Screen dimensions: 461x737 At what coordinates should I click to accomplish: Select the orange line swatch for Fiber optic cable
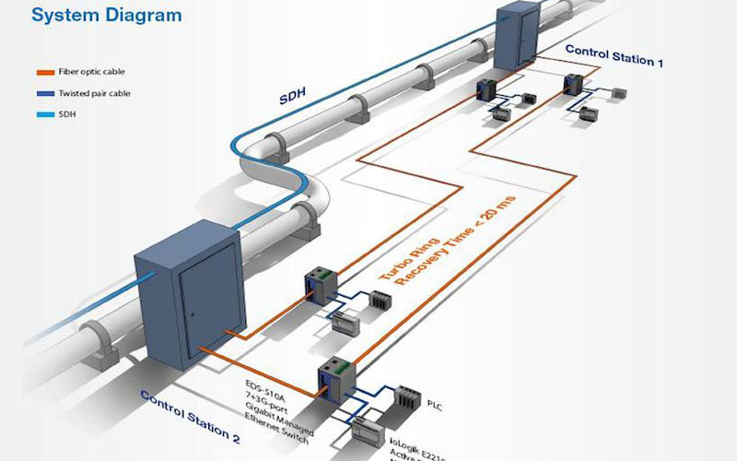click(44, 72)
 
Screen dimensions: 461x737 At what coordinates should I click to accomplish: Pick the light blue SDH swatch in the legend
click(44, 114)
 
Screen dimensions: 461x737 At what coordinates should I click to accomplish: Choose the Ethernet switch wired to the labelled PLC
click(333, 378)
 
